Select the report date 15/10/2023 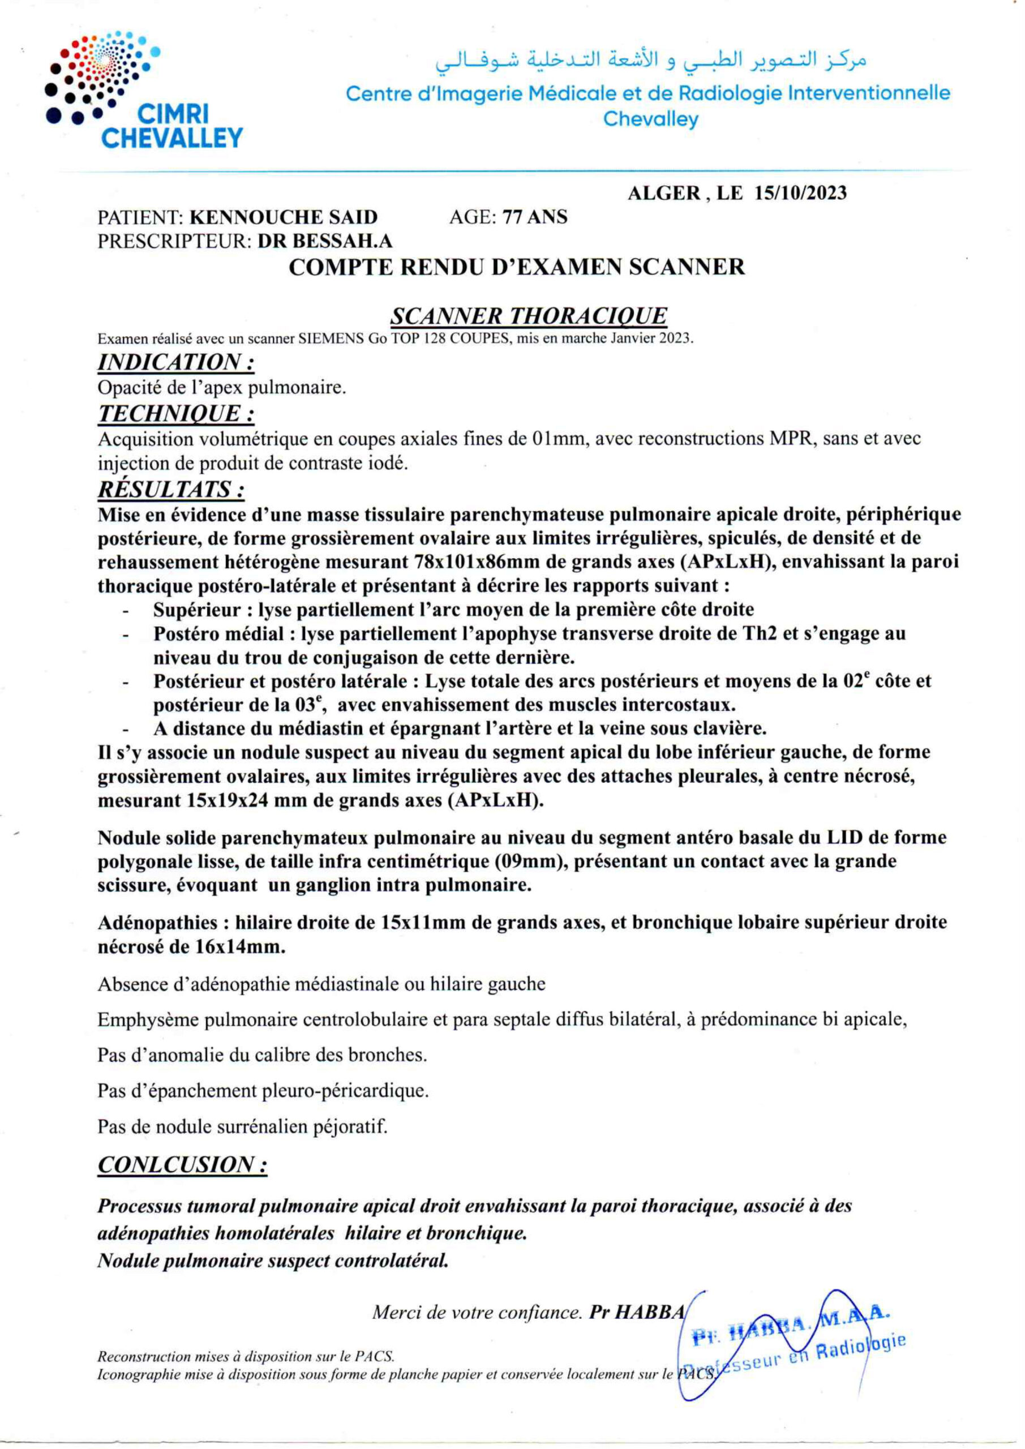(800, 193)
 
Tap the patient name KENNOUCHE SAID (284, 217)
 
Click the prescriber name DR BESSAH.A (325, 241)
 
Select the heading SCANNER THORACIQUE (528, 315)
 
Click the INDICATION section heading (176, 362)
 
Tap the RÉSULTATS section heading (171, 489)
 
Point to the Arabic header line (651, 61)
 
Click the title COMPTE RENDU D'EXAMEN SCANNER (516, 267)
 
